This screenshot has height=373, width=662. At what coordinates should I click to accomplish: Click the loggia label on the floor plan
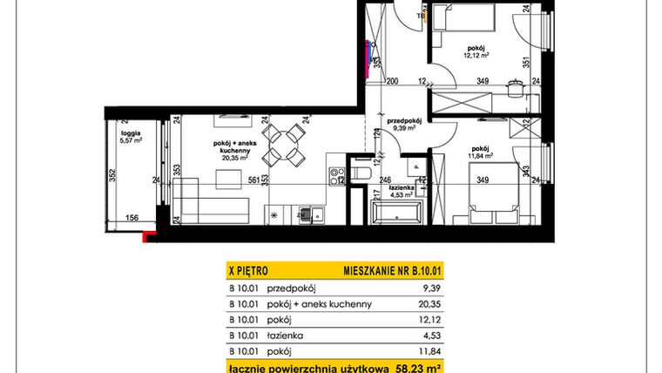click(x=129, y=132)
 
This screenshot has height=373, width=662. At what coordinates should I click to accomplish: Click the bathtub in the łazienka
click(x=396, y=213)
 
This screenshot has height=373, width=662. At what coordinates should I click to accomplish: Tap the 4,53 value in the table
click(x=422, y=335)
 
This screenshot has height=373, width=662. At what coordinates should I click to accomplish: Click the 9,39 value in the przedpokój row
click(x=422, y=288)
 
